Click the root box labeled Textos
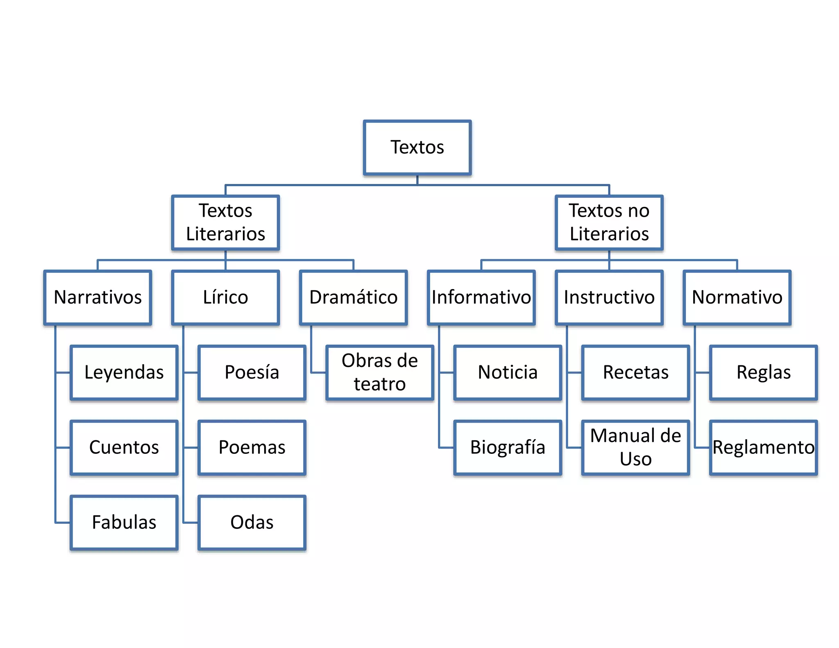(x=417, y=147)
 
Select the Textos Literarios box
(x=225, y=222)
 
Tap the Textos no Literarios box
(x=609, y=222)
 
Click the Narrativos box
(x=98, y=297)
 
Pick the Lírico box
(x=225, y=297)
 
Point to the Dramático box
(x=353, y=297)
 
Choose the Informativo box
(x=481, y=297)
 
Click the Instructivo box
(x=609, y=297)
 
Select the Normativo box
(x=737, y=297)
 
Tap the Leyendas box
(x=124, y=372)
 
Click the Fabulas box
(x=124, y=522)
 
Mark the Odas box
(x=252, y=522)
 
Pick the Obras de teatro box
(x=380, y=372)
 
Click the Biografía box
(x=508, y=447)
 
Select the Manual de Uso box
(x=635, y=447)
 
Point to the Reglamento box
(x=763, y=447)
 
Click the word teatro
(x=380, y=384)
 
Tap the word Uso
(x=635, y=459)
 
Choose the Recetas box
(x=635, y=372)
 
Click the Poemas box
(x=252, y=447)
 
